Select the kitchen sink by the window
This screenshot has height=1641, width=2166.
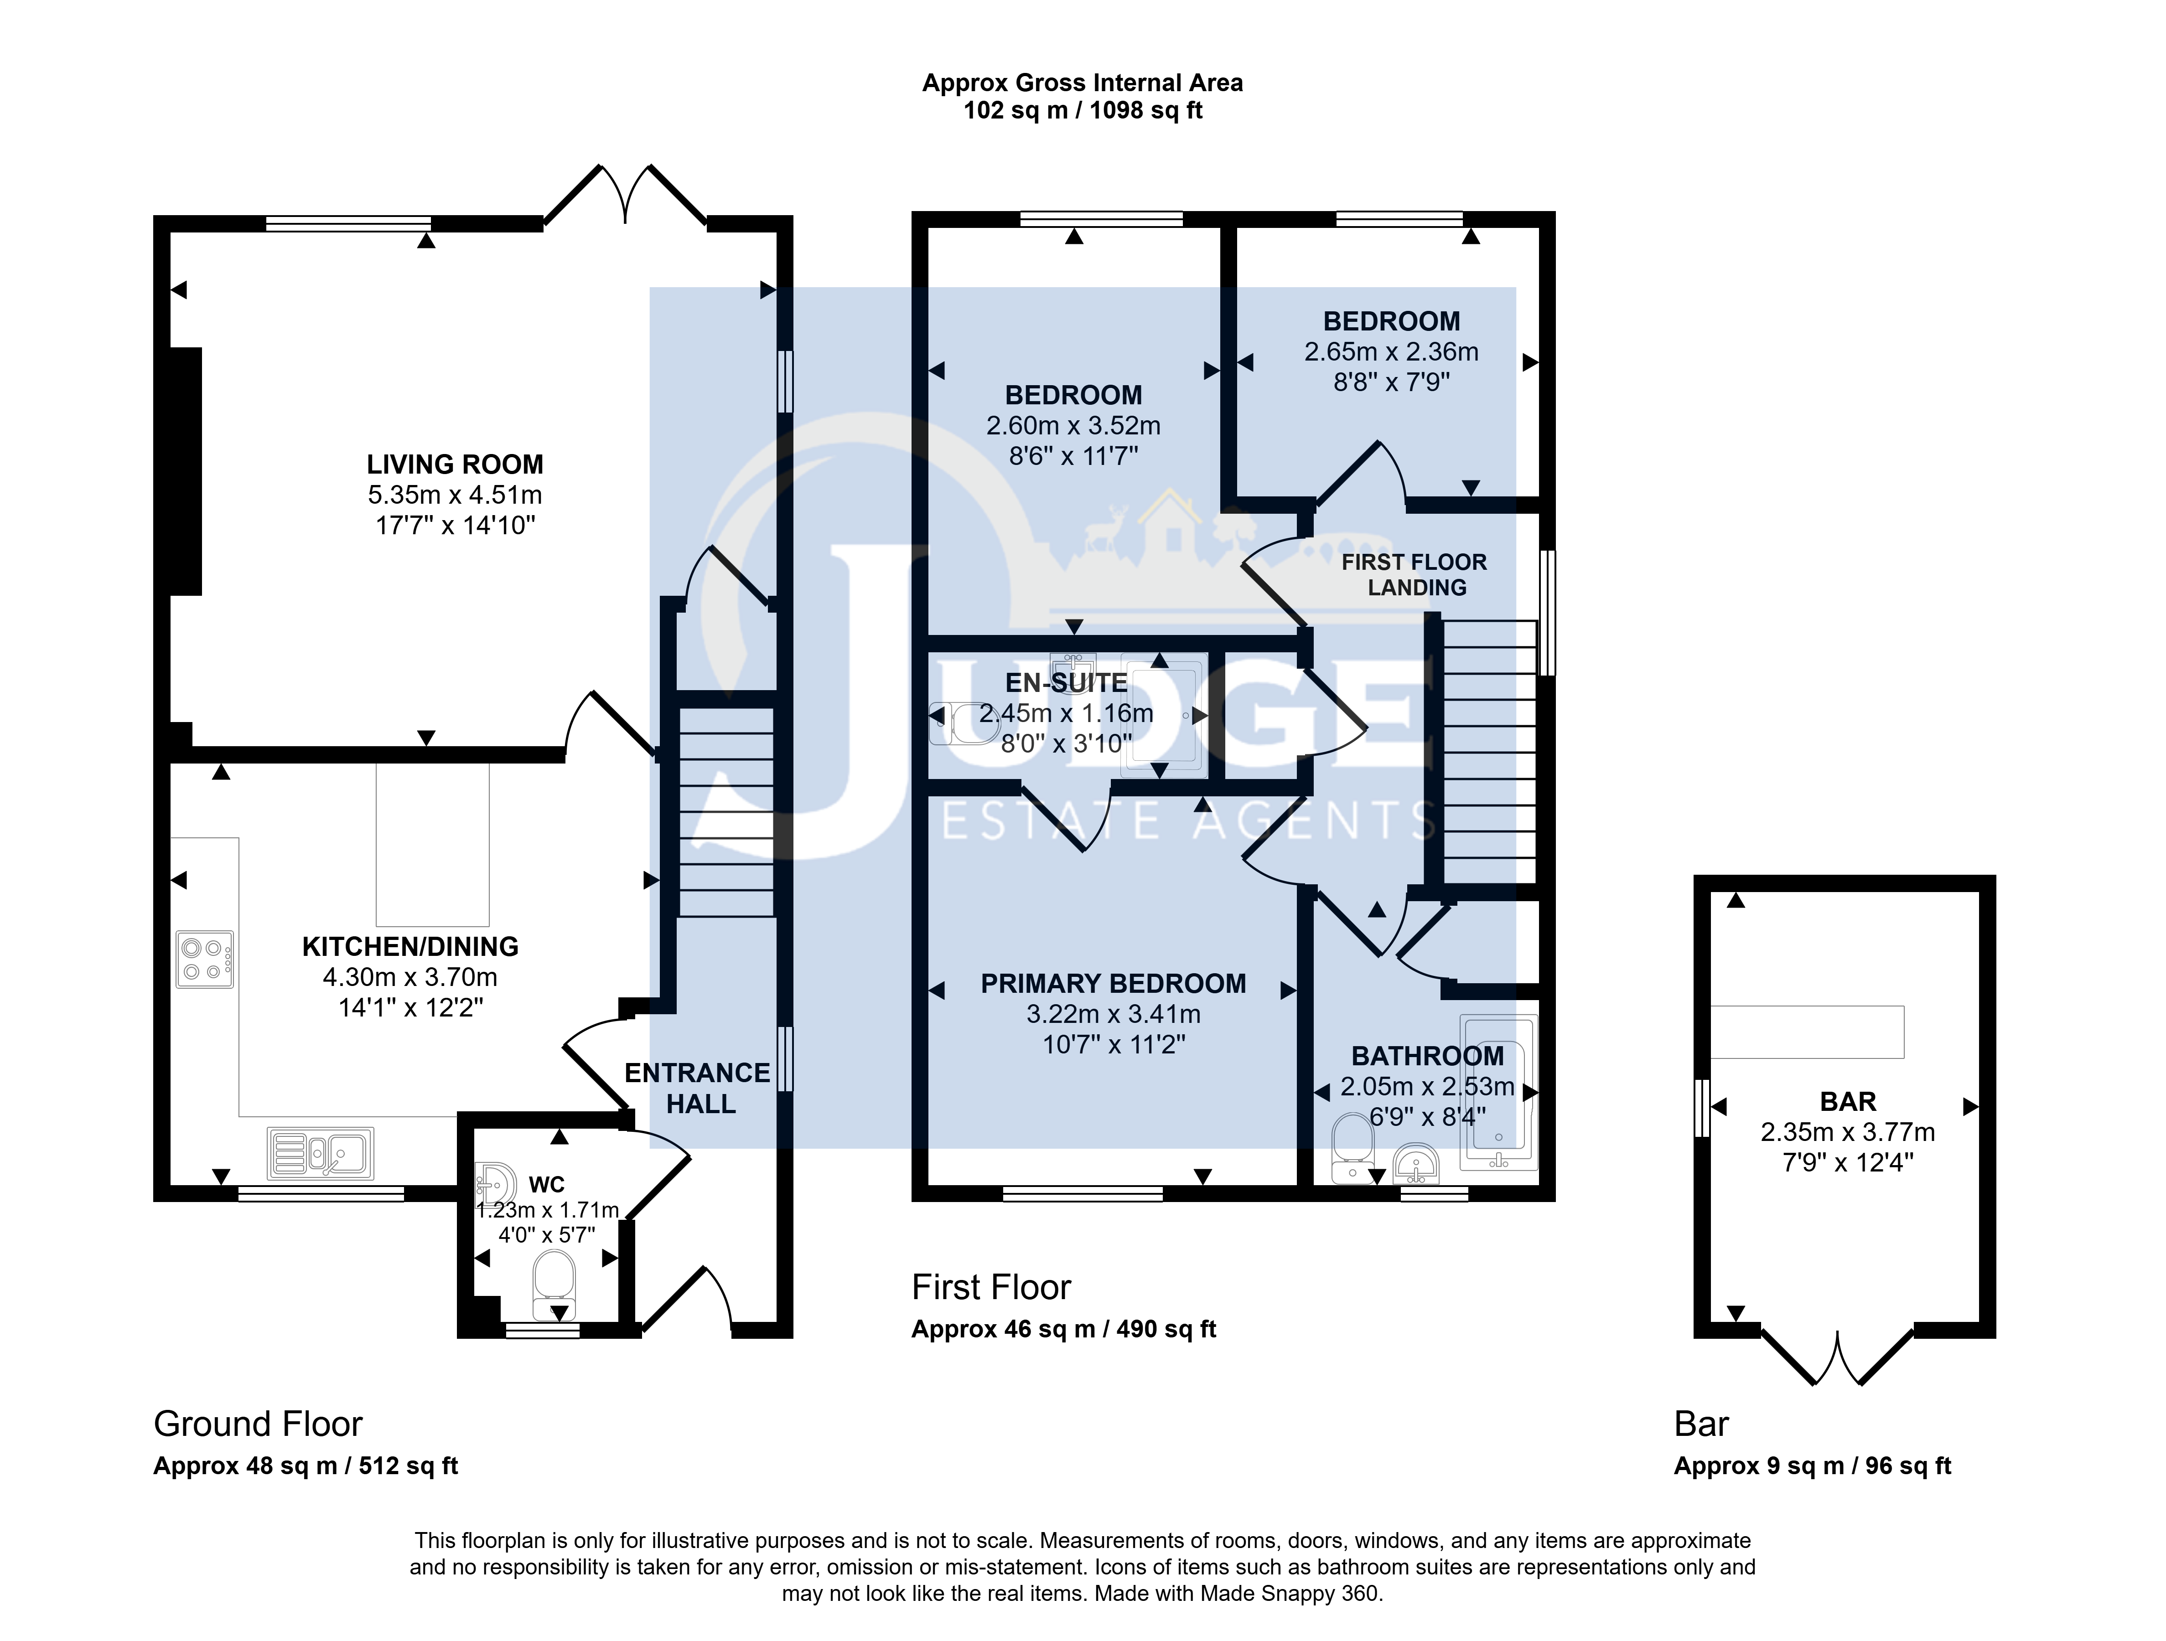(320, 1153)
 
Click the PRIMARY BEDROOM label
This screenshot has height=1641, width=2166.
(1114, 984)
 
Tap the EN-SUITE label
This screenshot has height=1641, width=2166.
(1066, 682)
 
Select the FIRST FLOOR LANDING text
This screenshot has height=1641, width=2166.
(1415, 575)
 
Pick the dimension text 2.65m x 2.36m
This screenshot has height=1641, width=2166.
(1391, 351)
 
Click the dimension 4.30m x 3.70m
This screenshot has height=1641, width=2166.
(410, 977)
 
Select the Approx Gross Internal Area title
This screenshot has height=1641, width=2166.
(1083, 83)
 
